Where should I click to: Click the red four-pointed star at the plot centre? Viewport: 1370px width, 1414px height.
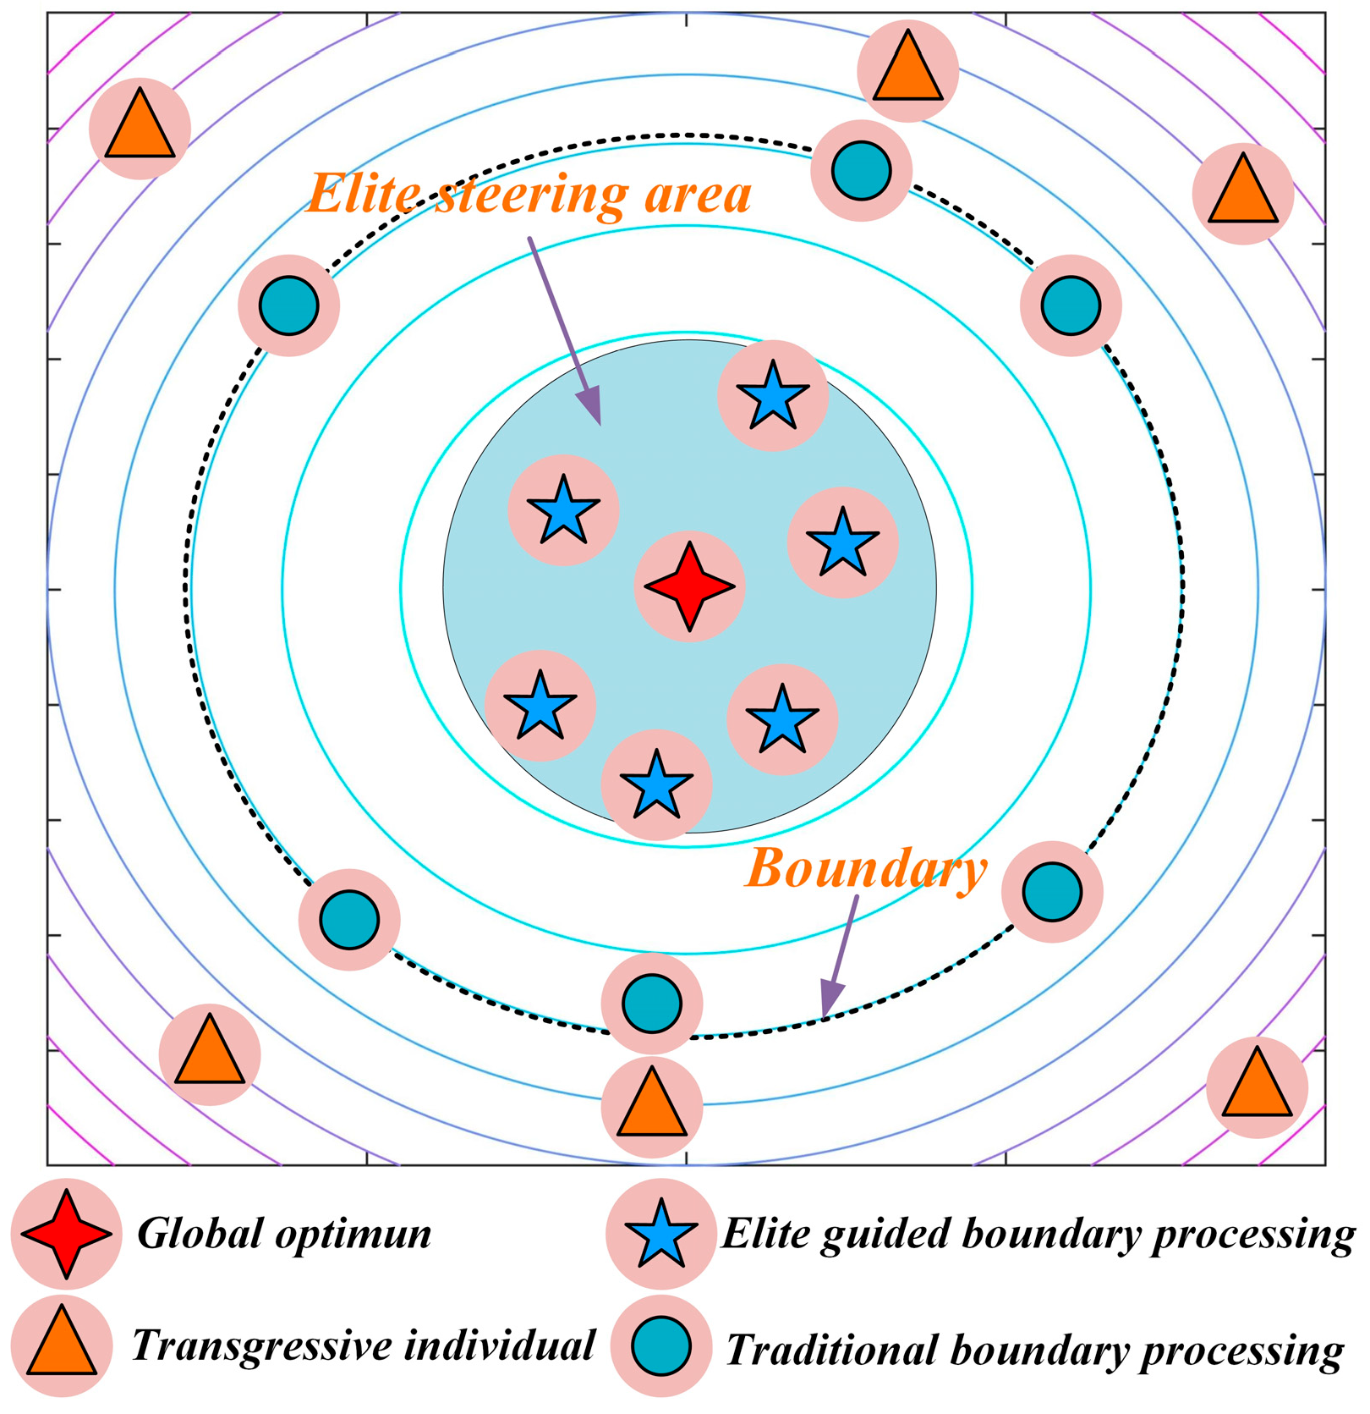689,586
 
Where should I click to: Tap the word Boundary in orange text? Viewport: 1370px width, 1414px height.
866,869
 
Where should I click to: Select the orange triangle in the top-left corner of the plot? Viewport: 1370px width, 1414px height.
140,128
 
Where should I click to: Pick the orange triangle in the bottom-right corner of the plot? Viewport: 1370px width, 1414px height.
1257,1086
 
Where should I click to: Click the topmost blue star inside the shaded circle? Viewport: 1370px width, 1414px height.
772,394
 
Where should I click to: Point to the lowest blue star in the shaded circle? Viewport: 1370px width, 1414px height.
656,784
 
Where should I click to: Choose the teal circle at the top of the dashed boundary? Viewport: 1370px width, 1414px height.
861,170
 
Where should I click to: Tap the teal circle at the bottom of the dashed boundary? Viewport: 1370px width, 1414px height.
651,1004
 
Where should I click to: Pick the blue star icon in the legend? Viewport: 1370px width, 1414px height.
660,1234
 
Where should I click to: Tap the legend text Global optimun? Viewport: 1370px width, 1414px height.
284,1234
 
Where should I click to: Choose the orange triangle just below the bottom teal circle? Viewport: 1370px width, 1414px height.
651,1105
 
